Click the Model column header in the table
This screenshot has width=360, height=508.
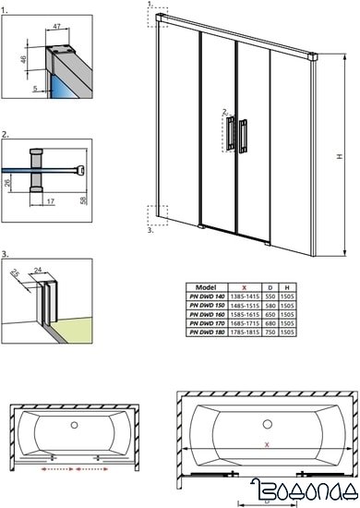coord(208,287)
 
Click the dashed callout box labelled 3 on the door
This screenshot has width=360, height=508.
coord(156,215)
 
